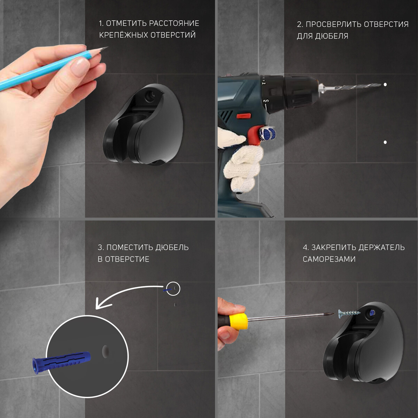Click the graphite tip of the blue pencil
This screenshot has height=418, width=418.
pyautogui.click(x=106, y=48)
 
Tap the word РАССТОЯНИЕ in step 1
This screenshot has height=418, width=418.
pyautogui.click(x=174, y=23)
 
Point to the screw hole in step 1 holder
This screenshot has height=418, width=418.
pyautogui.click(x=150, y=96)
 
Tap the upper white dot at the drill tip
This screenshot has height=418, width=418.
pyautogui.click(x=385, y=85)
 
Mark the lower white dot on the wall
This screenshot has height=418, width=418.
pyautogui.click(x=385, y=142)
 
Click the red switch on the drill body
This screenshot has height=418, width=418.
pyautogui.click(x=243, y=116)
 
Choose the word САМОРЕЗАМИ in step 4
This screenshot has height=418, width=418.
pyautogui.click(x=329, y=259)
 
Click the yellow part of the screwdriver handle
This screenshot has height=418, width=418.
pyautogui.click(x=239, y=322)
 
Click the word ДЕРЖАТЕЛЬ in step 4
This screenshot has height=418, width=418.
pyautogui.click(x=381, y=248)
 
